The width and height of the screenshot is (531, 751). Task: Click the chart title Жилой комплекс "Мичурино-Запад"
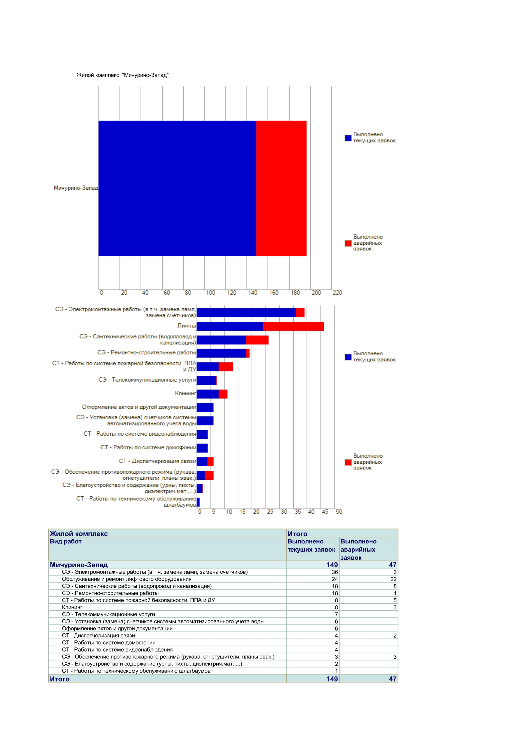123,75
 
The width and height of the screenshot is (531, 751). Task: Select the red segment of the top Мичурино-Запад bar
281,188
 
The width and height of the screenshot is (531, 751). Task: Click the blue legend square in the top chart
348,138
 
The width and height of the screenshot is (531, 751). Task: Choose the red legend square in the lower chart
348,462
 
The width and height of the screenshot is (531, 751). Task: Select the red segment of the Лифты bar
293,326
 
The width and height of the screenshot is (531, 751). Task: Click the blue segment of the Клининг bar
208,394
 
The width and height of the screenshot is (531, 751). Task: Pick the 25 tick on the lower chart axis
270,512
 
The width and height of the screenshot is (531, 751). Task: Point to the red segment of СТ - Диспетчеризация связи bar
210,462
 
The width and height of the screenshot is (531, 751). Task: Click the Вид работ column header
66,542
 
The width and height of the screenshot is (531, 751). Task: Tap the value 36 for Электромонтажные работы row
335,572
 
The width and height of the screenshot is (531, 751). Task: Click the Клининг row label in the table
72,607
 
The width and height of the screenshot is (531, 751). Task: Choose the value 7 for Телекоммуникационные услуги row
337,615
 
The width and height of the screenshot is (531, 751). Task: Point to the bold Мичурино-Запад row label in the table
79,565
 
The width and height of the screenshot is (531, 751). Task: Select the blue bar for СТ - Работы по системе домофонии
202,448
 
